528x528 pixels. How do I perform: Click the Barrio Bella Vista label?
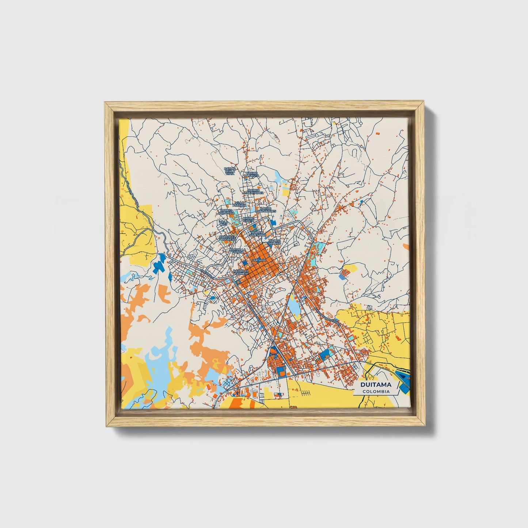(230, 171)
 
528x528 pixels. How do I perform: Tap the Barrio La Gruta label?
(252, 174)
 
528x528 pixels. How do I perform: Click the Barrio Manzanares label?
(266, 210)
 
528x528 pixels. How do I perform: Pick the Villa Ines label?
(223, 223)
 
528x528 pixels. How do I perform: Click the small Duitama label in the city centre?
(259, 260)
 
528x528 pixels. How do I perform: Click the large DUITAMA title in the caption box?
(376, 384)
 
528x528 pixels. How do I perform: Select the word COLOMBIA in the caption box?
(376, 391)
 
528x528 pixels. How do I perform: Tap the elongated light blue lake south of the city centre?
(294, 305)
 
